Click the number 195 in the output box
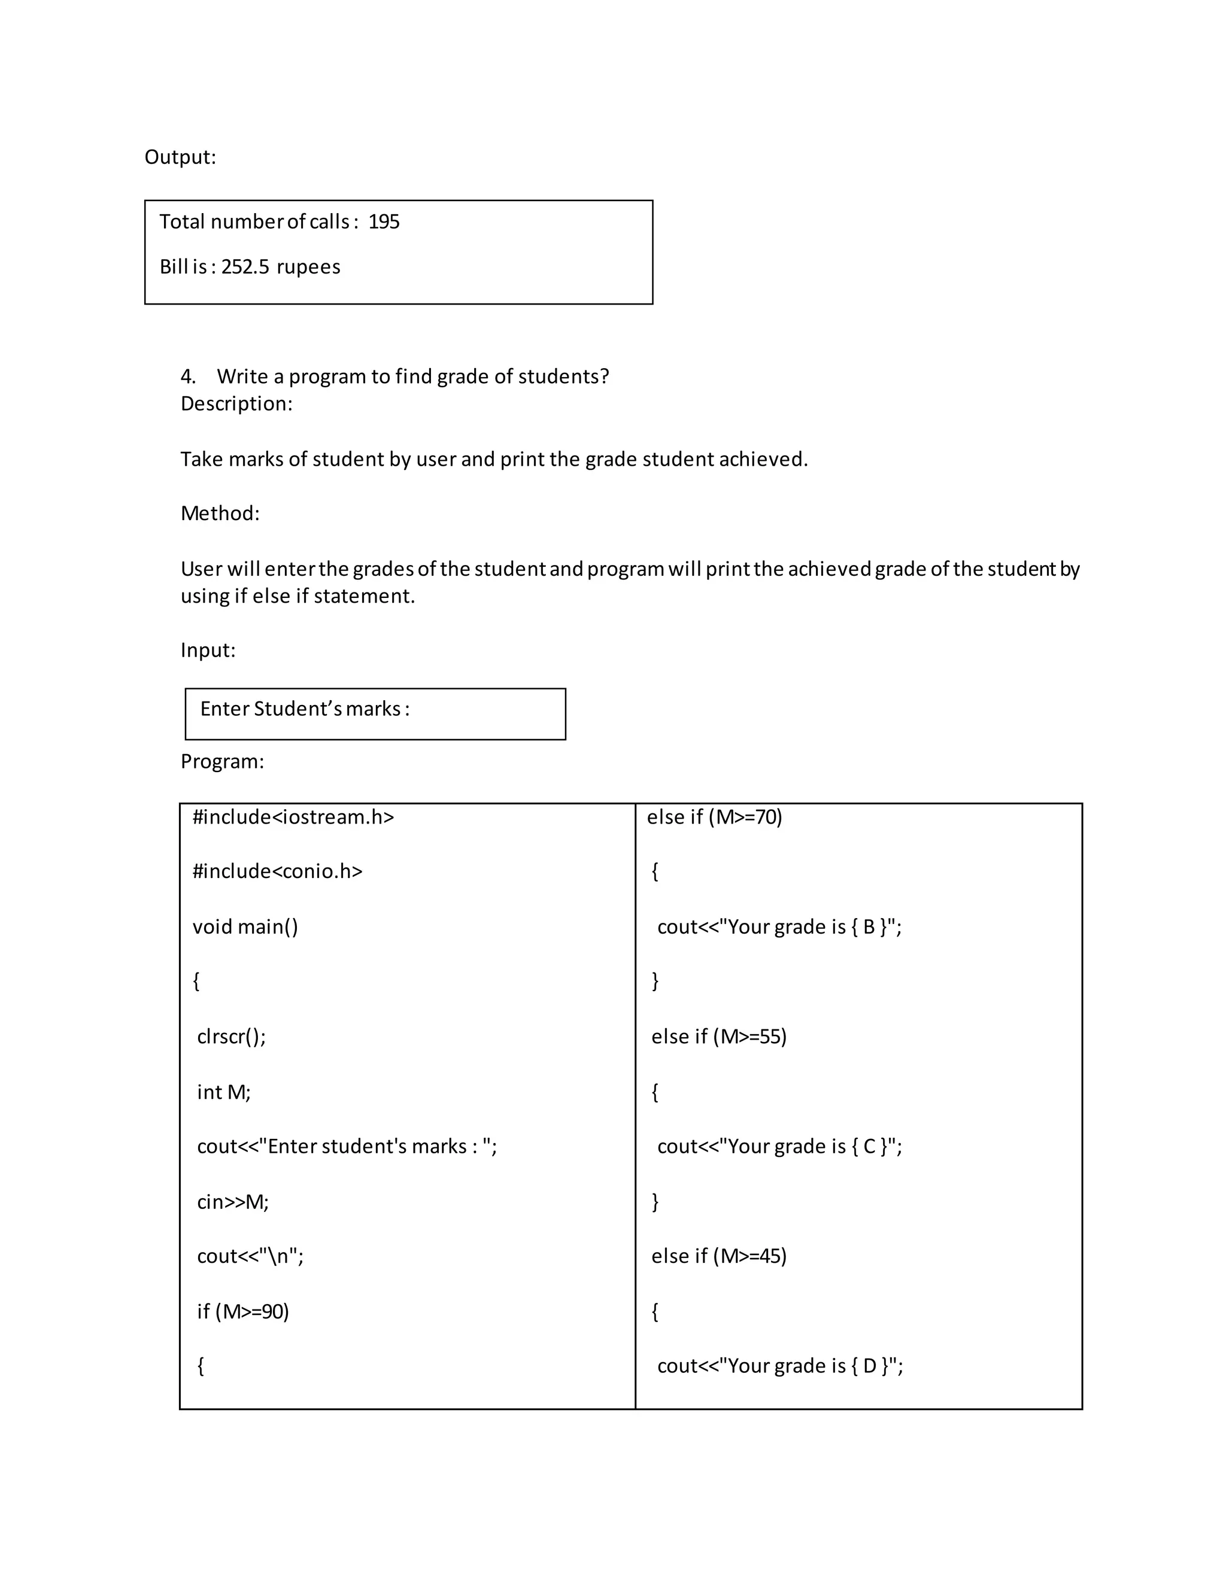pos(384,221)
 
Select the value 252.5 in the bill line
pos(245,266)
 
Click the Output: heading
pos(180,157)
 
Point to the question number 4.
pos(187,376)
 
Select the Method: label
pos(219,514)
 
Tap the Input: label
pos(208,650)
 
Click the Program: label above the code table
pos(221,761)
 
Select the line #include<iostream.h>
pos(293,817)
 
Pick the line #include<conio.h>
pos(277,871)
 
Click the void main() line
pos(245,926)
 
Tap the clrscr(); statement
pos(231,1036)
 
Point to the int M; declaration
pos(223,1092)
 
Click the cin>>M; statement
pos(232,1202)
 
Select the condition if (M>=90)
pos(242,1311)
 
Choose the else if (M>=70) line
pos(714,817)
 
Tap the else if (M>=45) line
pos(718,1256)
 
